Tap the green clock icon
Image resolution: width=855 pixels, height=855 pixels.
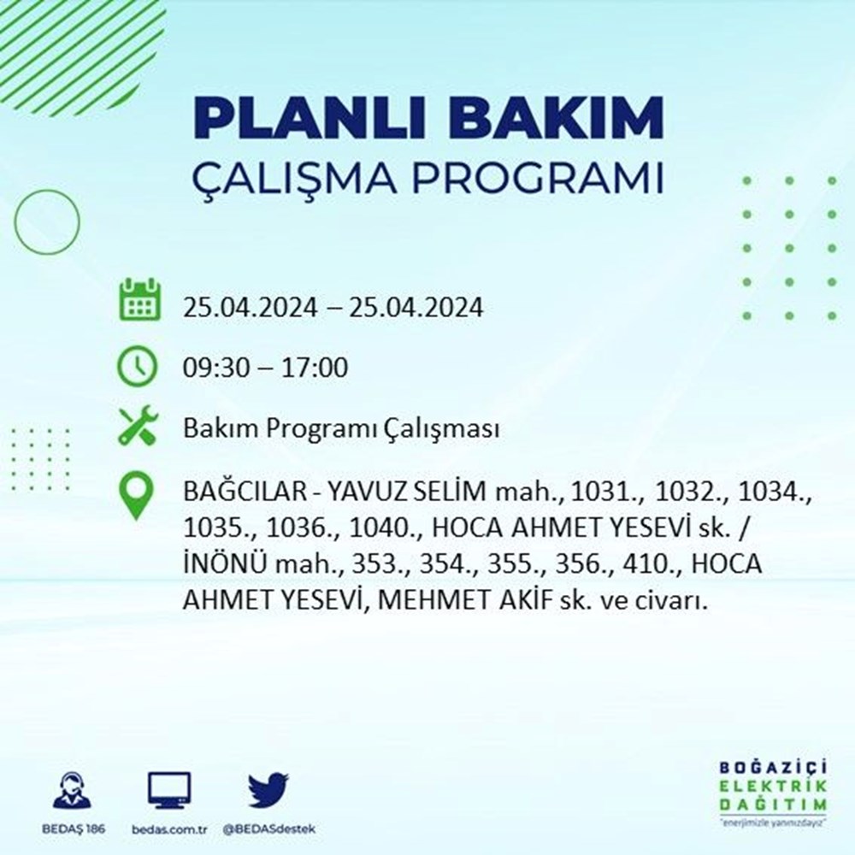(138, 367)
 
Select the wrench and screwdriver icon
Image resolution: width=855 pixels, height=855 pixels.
(138, 425)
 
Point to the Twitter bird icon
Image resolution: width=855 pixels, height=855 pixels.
(268, 789)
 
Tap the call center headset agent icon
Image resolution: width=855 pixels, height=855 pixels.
(73, 789)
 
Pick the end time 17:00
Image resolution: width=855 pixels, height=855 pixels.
(315, 367)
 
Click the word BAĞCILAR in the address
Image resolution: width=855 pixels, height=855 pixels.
(246, 492)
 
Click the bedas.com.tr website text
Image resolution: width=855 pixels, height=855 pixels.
(169, 829)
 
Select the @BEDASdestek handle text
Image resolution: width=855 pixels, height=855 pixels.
(268, 829)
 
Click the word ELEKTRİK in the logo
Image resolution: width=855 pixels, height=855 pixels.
(773, 787)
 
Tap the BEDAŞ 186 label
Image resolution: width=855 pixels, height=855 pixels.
(73, 828)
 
